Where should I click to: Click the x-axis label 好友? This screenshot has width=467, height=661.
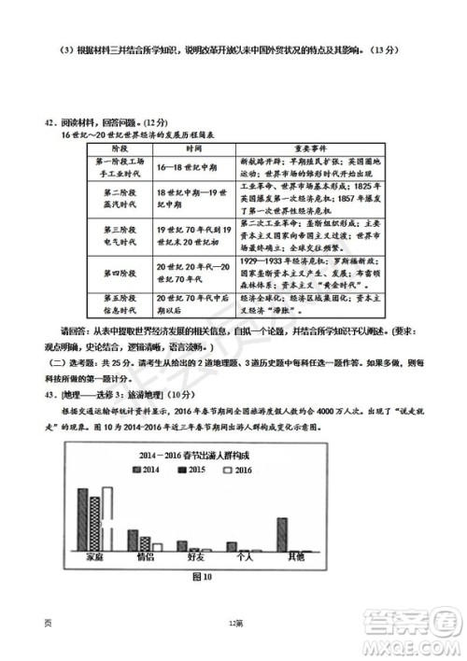click(195, 557)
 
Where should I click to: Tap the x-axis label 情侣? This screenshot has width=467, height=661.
click(145, 557)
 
